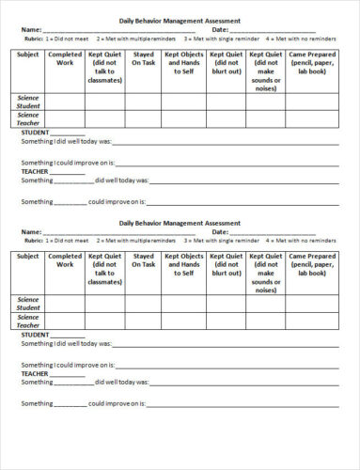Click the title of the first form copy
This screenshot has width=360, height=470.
coord(180,20)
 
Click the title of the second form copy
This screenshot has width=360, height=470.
coord(180,223)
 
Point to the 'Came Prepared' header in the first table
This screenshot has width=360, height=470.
coord(312,63)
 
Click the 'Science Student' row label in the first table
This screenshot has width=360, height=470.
coord(28,101)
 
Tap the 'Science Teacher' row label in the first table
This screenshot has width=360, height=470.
coord(28,118)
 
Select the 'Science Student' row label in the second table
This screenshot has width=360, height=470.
coord(28,304)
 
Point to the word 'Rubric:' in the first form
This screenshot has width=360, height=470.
coord(35,39)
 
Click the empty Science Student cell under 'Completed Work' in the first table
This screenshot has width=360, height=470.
coord(65,101)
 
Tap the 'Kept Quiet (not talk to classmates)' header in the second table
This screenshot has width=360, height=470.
coord(104,269)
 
